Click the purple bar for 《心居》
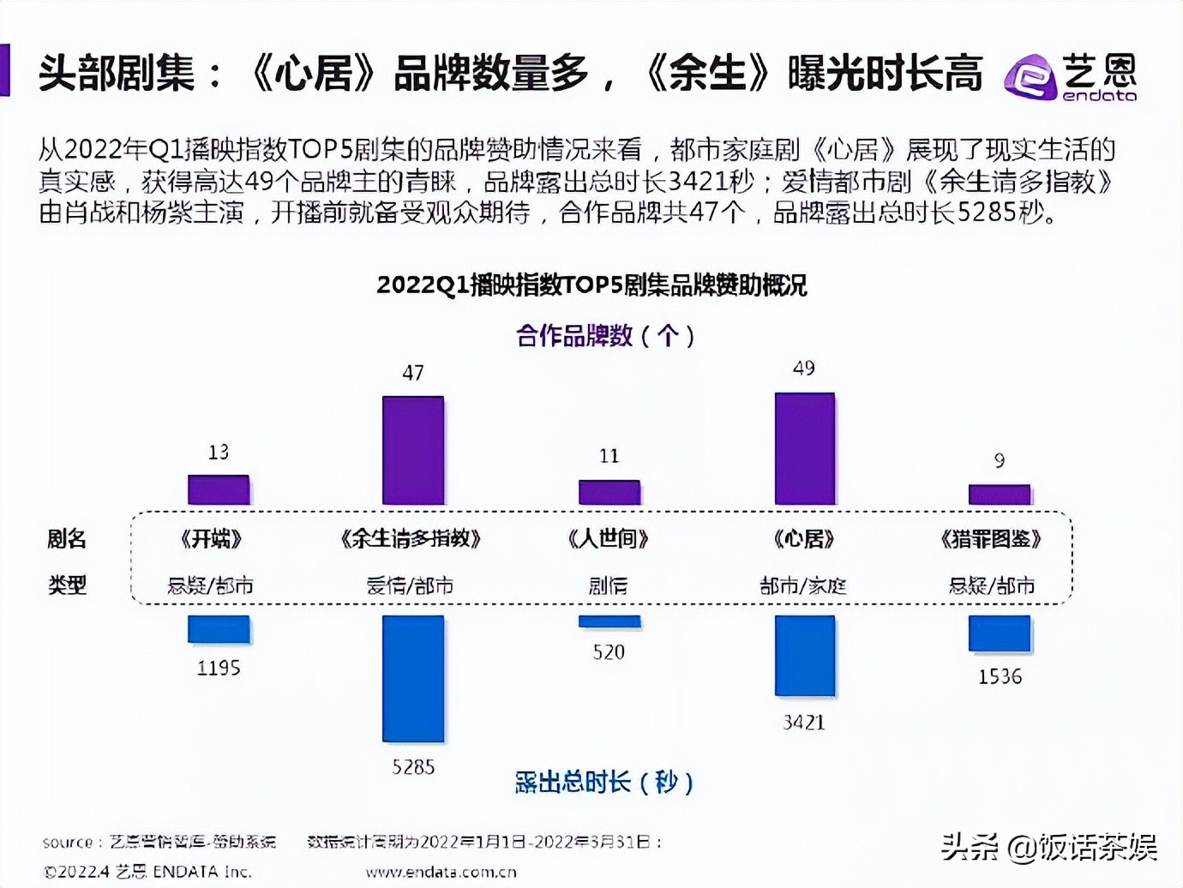[804, 448]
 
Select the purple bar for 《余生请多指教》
[413, 450]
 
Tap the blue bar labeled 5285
[413, 678]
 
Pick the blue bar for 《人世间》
[609, 621]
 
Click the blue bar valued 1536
[1000, 633]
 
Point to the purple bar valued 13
[219, 489]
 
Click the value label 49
[803, 369]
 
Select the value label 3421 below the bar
[803, 723]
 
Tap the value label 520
[609, 652]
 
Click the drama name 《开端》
[211, 539]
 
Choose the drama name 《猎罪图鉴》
[990, 539]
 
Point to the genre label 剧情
[608, 586]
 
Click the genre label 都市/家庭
[803, 586]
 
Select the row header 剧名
[67, 539]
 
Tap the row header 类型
[67, 585]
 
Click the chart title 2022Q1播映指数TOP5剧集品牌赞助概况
[591, 285]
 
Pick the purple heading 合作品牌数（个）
[605, 335]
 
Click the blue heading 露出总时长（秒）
[604, 782]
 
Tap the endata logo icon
[1030, 77]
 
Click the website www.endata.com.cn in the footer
[441, 873]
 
